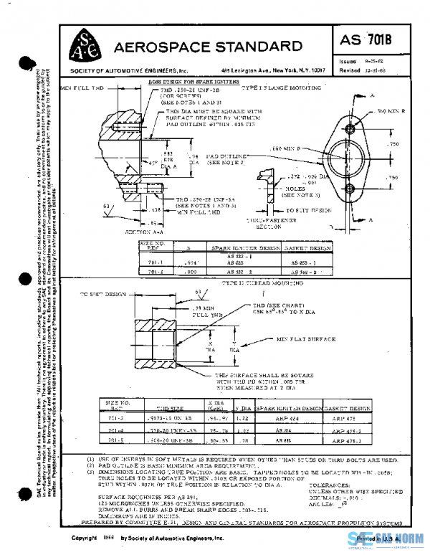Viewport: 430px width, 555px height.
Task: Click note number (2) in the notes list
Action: point(91,466)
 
